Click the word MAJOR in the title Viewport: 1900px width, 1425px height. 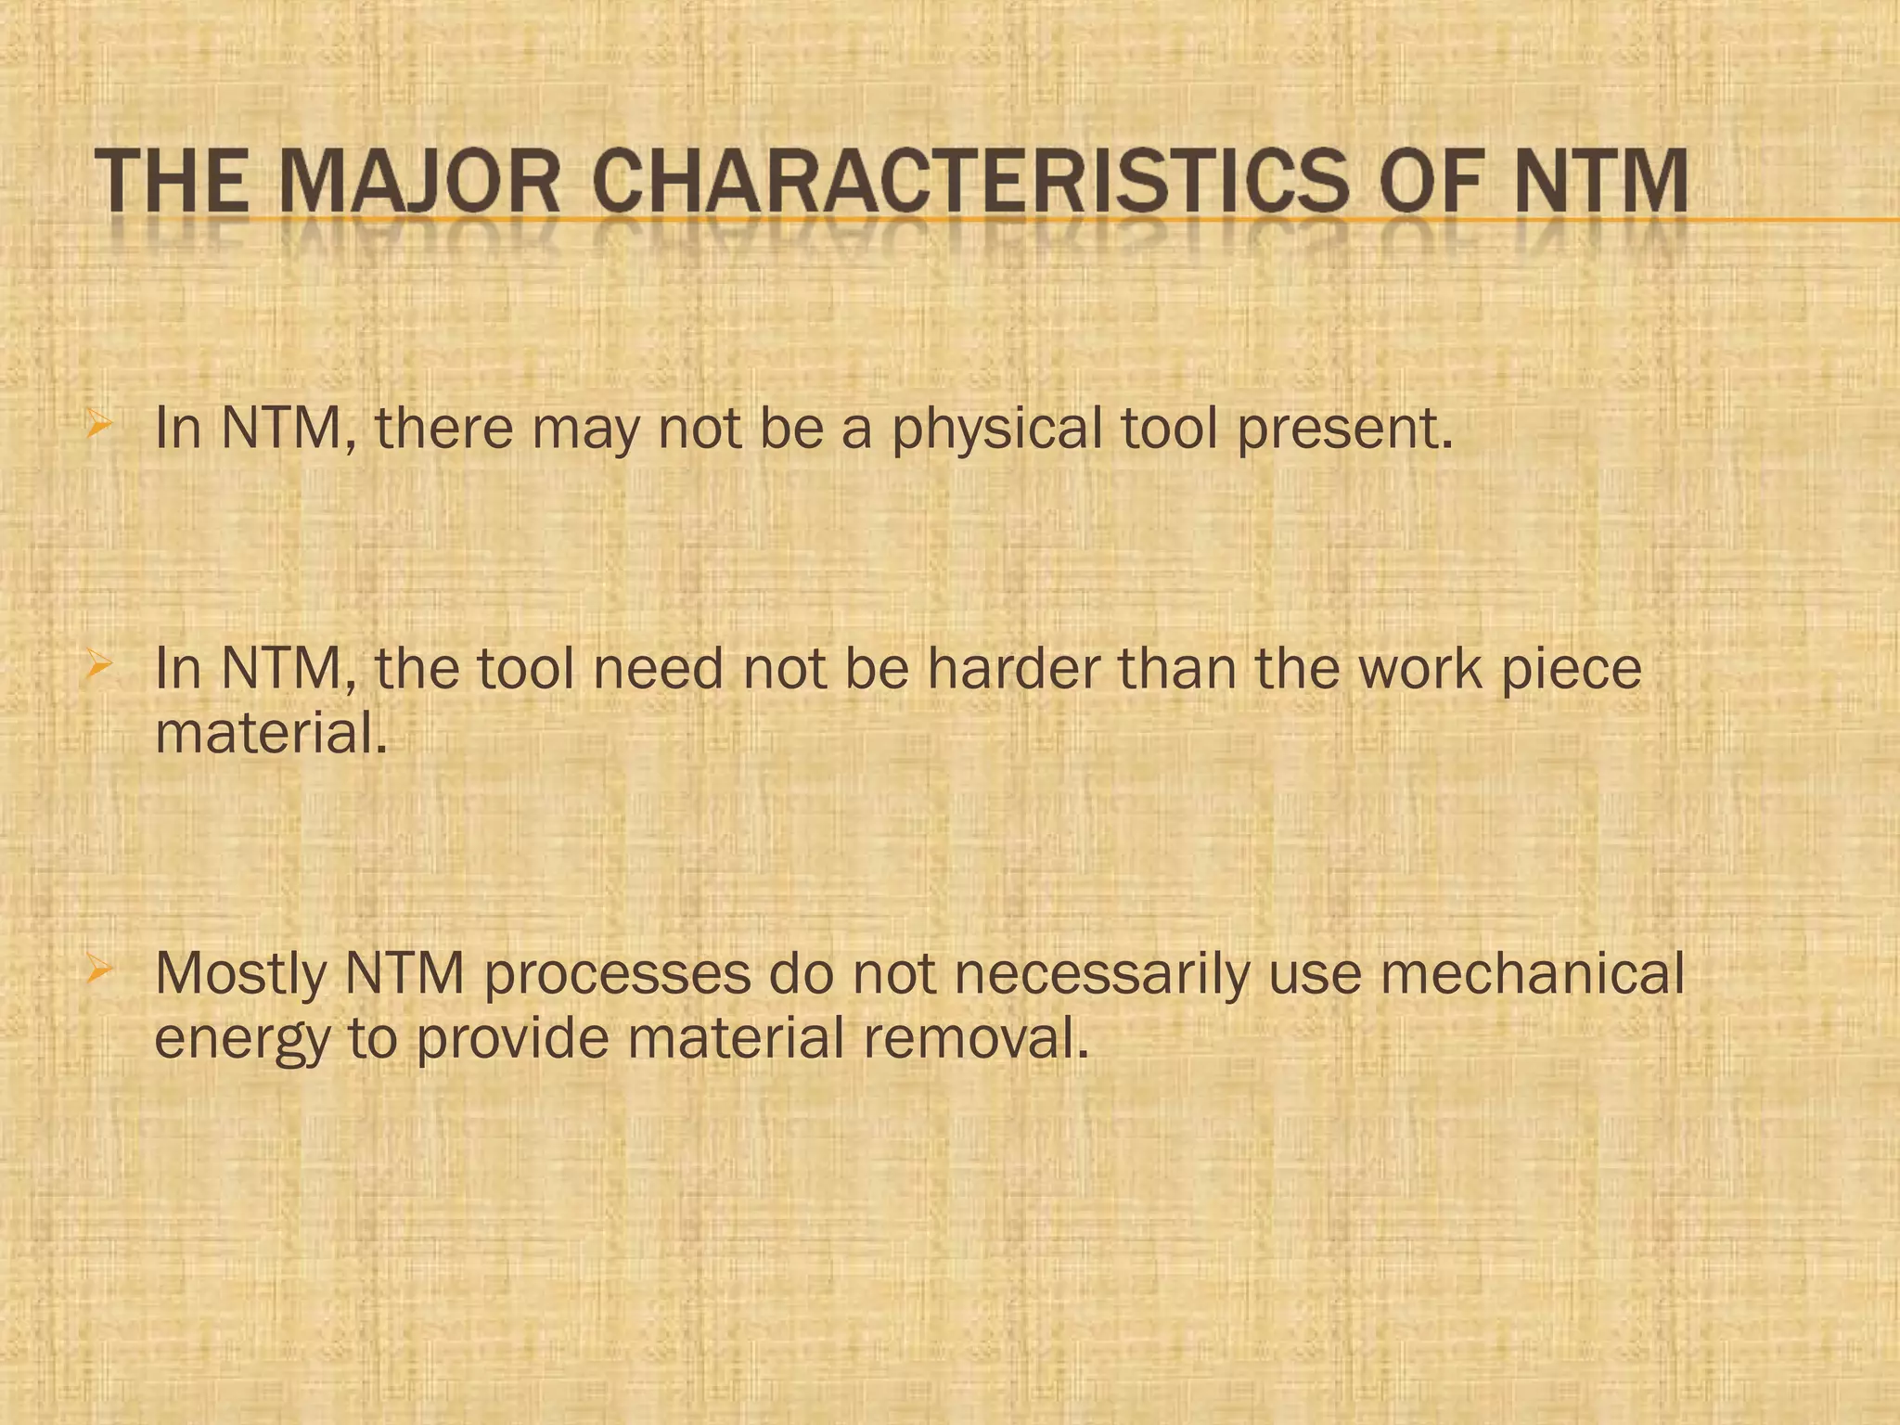pos(418,183)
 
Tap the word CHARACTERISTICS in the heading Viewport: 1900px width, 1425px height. pos(970,183)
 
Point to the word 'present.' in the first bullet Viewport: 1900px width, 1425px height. pos(1345,430)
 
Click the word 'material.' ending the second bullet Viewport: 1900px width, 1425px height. pos(270,733)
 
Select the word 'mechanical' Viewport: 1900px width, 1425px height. pos(1532,974)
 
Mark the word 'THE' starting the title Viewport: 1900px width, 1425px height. pos(172,183)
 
